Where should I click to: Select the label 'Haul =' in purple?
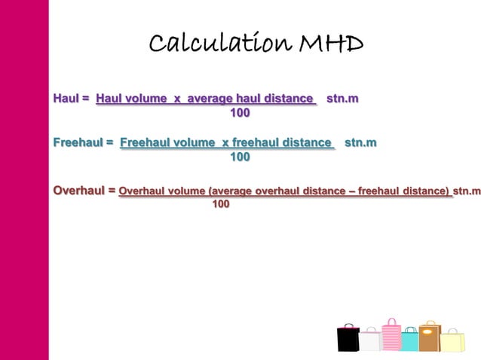(x=72, y=99)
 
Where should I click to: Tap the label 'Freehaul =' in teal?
(x=83, y=142)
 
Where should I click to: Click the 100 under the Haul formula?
(x=240, y=114)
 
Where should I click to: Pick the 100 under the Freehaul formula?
(x=240, y=157)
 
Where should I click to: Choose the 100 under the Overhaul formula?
(x=221, y=204)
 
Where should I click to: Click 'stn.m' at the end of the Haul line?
(x=342, y=99)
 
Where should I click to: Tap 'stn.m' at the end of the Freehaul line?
(x=361, y=142)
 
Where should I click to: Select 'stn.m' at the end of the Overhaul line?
(x=466, y=191)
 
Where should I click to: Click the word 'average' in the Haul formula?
(x=210, y=99)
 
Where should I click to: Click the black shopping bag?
(x=348, y=338)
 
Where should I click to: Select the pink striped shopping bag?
(x=391, y=336)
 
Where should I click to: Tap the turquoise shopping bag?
(x=409, y=340)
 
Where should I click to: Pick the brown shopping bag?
(x=429, y=337)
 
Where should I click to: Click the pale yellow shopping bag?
(x=452, y=342)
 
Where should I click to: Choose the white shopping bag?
(x=369, y=341)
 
